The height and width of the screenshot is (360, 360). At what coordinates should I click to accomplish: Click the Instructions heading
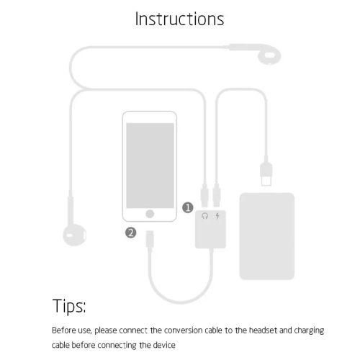179,19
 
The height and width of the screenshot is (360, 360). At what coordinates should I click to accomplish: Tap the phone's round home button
150,214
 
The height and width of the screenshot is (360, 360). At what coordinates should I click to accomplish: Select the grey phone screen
150,164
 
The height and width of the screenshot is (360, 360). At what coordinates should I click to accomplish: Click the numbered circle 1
187,207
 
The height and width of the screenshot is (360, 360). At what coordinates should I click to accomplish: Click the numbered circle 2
130,233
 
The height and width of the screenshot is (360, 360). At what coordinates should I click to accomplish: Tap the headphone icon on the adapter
205,216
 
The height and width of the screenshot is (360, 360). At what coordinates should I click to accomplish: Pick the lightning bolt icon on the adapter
218,216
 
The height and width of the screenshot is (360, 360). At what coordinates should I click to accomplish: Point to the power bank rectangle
266,235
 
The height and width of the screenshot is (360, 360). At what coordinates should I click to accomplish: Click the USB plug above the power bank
264,172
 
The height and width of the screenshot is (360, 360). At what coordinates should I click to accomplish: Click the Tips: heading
69,306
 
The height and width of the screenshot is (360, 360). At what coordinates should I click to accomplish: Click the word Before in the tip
63,330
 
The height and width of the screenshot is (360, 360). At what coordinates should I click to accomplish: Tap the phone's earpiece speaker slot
150,117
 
